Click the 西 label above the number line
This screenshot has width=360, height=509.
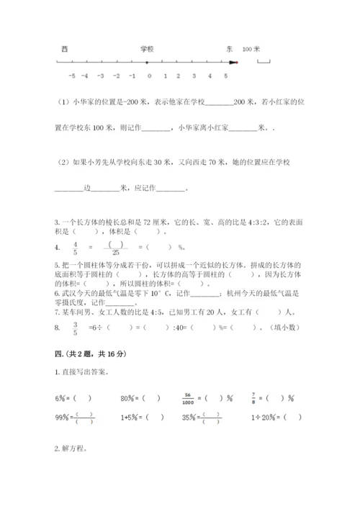(x=65, y=48)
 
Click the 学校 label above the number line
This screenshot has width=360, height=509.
(x=148, y=48)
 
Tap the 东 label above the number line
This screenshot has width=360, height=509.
(x=229, y=48)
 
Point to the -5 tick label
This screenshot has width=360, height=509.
(x=70, y=76)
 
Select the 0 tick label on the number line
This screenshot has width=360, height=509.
(x=149, y=76)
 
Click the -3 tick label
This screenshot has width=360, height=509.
(x=102, y=76)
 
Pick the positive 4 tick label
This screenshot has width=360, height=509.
(x=210, y=76)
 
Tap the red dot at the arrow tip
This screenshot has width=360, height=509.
(x=237, y=63)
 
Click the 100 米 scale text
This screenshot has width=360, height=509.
(x=251, y=48)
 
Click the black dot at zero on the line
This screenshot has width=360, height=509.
(x=149, y=63)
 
